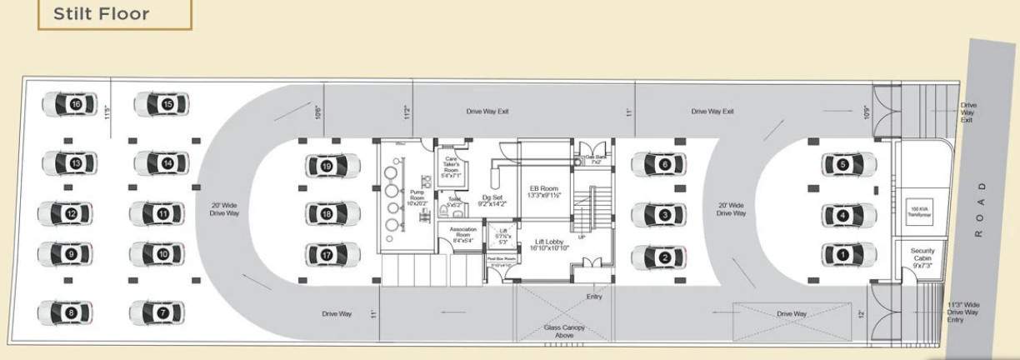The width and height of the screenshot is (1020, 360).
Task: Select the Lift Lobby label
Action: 548,245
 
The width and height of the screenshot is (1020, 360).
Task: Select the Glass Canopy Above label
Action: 564,332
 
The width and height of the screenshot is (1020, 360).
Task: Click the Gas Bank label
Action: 594,158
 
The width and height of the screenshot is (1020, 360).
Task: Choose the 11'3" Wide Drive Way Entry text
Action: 963,312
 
